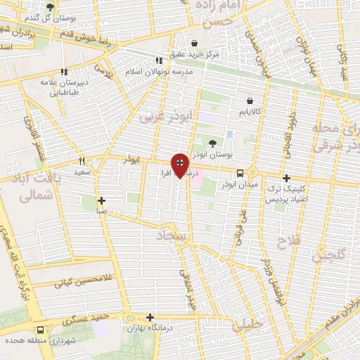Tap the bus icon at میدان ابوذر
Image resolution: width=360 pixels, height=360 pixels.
pyautogui.click(x=240, y=173)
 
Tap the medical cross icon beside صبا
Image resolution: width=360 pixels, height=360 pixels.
pyautogui.click(x=102, y=200)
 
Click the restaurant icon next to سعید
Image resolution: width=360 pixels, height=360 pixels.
pyautogui.click(x=82, y=161)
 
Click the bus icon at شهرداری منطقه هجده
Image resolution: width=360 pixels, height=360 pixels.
pyautogui.click(x=41, y=328)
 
